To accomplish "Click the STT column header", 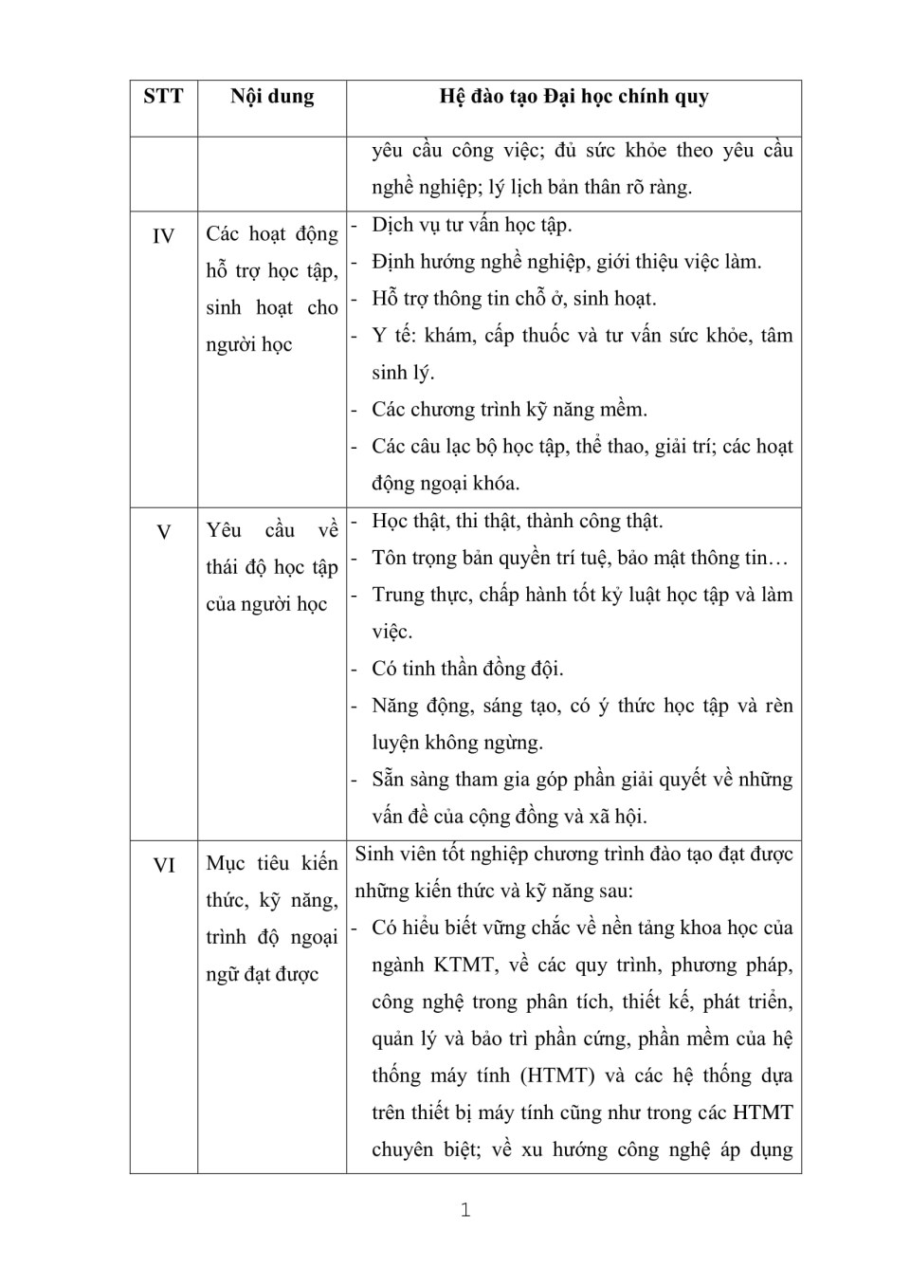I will (x=163, y=97).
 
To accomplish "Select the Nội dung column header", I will (x=272, y=97).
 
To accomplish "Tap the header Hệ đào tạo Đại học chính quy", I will (x=573, y=97).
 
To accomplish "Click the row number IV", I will (x=163, y=236).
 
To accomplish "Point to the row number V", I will (x=163, y=532).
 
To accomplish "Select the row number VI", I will (x=163, y=865).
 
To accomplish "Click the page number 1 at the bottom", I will (x=464, y=1209).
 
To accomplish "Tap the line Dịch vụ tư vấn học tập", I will (x=471, y=226).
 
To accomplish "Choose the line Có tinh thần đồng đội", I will (x=467, y=670).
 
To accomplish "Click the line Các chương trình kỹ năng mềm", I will (x=509, y=411).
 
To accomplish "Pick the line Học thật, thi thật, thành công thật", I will (x=518, y=522).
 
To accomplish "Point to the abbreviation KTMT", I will (x=464, y=965).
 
